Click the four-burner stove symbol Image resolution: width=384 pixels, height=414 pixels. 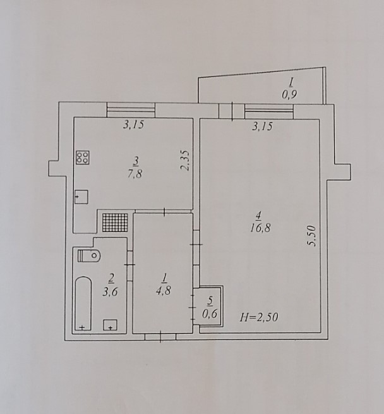(x=83, y=157)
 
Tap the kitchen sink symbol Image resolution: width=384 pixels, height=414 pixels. (x=81, y=197)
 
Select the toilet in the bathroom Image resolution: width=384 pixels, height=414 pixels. (x=89, y=255)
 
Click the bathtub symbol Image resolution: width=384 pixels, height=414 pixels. (x=83, y=303)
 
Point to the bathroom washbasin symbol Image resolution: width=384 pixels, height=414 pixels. (x=111, y=325)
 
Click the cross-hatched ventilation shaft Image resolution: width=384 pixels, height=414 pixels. (x=115, y=222)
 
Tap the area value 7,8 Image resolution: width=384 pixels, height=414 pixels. (x=135, y=174)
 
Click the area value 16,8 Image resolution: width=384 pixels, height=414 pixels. (x=260, y=228)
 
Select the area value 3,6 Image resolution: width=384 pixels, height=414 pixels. (x=110, y=292)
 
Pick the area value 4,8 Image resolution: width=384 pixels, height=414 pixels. (x=164, y=291)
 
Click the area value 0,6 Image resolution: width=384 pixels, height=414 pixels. (x=210, y=314)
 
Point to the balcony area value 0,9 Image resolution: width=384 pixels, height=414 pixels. (x=289, y=94)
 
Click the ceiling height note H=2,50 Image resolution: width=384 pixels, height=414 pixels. (x=259, y=317)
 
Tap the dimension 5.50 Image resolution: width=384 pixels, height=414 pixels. (x=311, y=236)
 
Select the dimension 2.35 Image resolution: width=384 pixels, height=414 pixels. (x=185, y=161)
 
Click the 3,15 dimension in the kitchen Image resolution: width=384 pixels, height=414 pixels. (x=133, y=125)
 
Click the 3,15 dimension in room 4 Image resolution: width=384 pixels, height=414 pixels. (x=262, y=126)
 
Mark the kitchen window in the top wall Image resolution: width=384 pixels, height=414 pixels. (x=131, y=110)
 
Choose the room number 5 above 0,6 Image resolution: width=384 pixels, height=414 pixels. (x=210, y=301)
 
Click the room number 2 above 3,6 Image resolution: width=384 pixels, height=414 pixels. (x=111, y=278)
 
